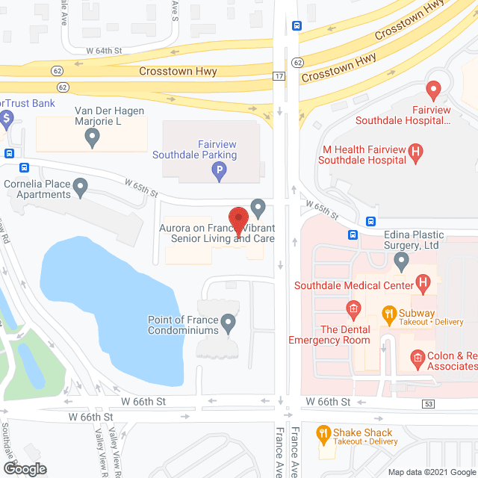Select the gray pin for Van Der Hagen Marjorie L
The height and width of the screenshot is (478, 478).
pos(93,137)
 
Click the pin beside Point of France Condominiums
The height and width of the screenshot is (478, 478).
pos(229,324)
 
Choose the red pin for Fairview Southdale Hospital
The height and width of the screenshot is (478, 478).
pos(432,91)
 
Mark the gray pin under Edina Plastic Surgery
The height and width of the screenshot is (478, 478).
pos(402,261)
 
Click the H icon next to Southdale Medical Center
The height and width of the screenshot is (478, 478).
pos(423,285)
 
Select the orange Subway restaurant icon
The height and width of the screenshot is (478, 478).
pos(388,313)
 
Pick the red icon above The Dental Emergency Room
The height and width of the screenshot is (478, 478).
pos(353,308)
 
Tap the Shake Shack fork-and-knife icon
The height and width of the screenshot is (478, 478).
pos(323,432)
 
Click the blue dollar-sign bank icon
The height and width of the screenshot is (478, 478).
pos(7,117)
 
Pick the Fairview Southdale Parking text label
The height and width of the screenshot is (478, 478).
pos(194,150)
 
